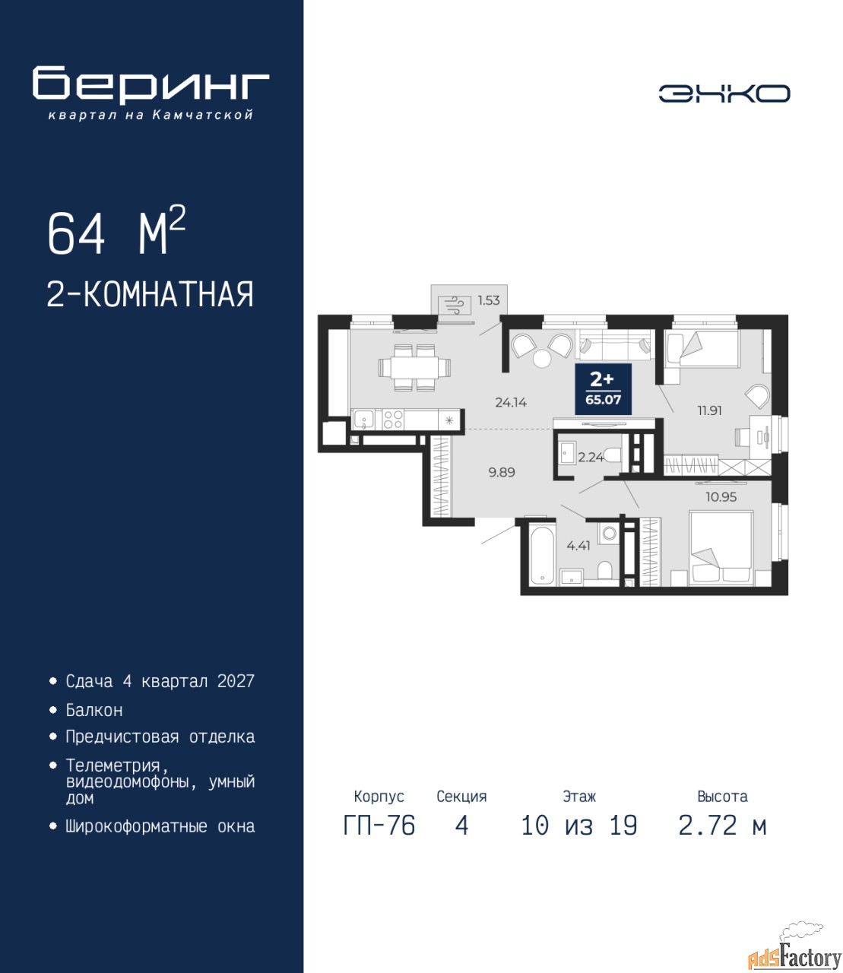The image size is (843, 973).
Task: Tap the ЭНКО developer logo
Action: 724,93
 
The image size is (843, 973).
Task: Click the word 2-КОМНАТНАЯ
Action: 151,294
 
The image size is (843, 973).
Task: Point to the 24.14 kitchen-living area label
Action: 511,402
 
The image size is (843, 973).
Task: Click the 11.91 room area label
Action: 709,410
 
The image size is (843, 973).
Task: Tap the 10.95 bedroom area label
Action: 721,496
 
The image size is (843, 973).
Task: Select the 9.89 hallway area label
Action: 502,472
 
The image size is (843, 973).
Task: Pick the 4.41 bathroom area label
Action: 578,546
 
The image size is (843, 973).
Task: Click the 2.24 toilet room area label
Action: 591,457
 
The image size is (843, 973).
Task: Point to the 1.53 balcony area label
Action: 489,300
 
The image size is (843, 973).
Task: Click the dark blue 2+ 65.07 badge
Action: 603,389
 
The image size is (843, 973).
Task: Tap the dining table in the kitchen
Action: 415,368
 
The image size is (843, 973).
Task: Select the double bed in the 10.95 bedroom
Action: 721,549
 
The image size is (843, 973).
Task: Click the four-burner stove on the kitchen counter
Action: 392,420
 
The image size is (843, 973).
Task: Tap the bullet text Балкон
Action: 94,710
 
